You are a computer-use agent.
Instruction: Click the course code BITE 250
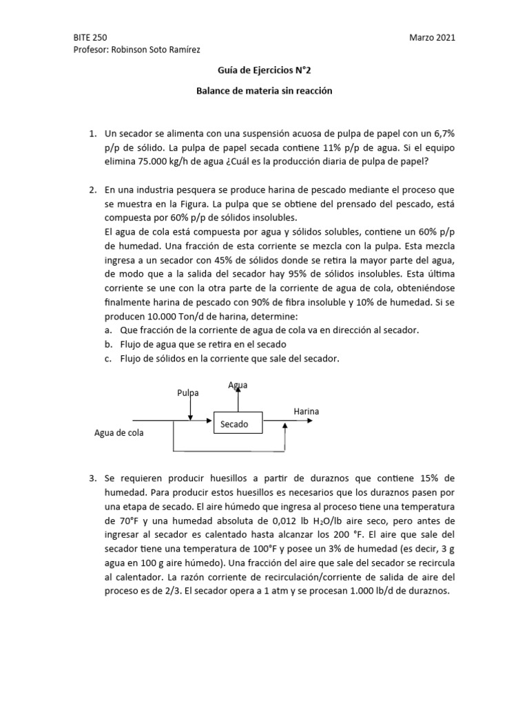pos(90,38)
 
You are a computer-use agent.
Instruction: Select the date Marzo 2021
pos(432,38)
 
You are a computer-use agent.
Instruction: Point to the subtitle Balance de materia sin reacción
pos(264,91)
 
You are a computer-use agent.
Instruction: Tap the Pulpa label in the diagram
pos(187,392)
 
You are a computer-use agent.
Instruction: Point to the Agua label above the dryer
pos(238,385)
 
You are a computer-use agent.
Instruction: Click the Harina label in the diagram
pos(306,411)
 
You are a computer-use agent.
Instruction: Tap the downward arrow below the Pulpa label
pos(190,410)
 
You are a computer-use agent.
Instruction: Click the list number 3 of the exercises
pos(92,478)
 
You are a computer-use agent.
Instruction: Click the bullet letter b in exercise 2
pos(109,344)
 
